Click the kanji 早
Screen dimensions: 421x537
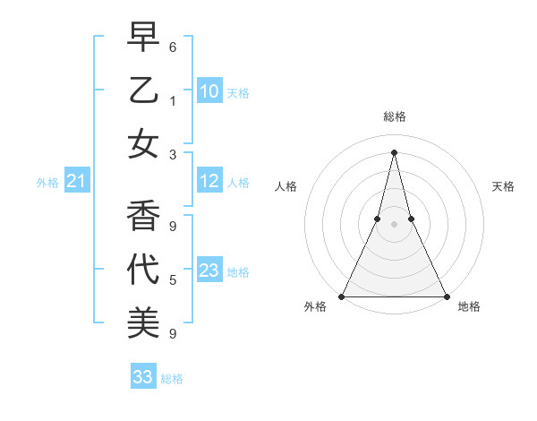[x=142, y=39]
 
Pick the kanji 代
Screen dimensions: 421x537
[x=142, y=270]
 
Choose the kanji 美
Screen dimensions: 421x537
[x=142, y=322]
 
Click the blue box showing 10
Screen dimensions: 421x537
[x=209, y=91]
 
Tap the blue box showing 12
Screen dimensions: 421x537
[x=209, y=181]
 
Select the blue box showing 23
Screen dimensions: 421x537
[x=209, y=271]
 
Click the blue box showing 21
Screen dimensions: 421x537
[x=76, y=182]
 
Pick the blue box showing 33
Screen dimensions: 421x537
[x=142, y=377]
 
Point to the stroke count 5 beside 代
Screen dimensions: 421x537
[x=173, y=280]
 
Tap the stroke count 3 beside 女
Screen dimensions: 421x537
[x=173, y=154]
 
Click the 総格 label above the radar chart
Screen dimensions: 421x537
[x=394, y=116]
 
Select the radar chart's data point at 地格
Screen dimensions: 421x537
[x=446, y=296]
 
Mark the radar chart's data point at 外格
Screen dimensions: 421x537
[x=342, y=296]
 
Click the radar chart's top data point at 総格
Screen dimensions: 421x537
[x=394, y=151]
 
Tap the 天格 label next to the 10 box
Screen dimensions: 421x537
[x=238, y=92]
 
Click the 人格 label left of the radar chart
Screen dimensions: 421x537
[x=286, y=186]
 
